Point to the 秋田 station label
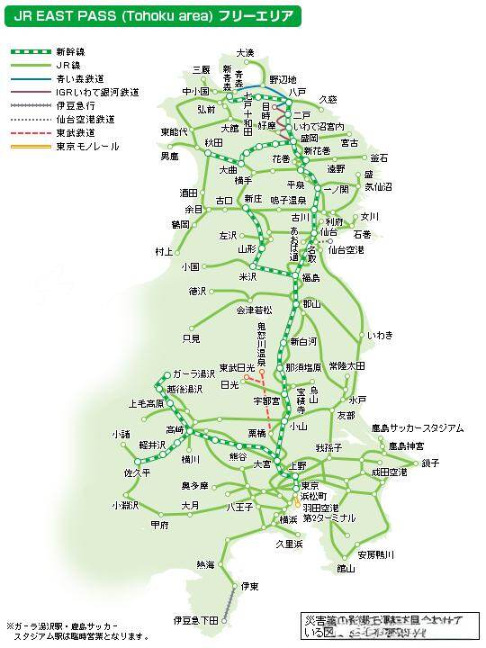pyautogui.click(x=213, y=142)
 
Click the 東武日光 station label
pyautogui.click(x=239, y=366)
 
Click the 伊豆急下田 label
pyautogui.click(x=196, y=621)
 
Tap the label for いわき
pyautogui.click(x=380, y=335)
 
